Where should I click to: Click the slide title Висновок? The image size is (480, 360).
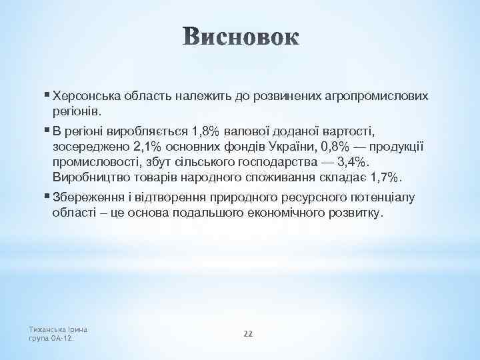pos(240,37)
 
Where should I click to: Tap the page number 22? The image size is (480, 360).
pos(247,333)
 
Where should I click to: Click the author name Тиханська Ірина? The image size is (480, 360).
pos(59,329)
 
